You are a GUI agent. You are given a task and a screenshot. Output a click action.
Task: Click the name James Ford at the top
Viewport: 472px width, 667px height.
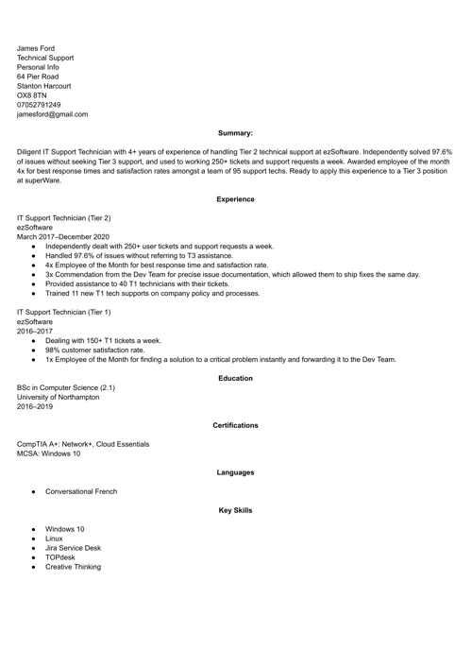coord(36,48)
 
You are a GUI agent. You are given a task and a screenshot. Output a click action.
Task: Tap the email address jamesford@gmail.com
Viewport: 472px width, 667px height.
coord(52,114)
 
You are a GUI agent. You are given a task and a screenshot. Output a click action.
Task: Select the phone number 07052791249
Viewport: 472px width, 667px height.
coord(39,104)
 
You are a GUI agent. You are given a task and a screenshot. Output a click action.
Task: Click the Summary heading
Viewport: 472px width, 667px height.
coord(235,133)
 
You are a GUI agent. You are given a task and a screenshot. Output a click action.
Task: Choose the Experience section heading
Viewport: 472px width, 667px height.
coord(235,199)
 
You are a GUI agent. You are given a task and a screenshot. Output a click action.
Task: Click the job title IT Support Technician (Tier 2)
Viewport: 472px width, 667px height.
coord(63,217)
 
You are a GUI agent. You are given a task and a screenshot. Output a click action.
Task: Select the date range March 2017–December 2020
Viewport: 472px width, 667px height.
coord(63,236)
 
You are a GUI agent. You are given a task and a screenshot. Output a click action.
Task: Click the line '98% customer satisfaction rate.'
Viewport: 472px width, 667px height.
coord(95,350)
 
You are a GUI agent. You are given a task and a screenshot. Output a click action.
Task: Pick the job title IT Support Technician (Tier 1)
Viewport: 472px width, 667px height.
coord(63,312)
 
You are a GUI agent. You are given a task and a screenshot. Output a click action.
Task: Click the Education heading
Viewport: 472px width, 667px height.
coord(235,378)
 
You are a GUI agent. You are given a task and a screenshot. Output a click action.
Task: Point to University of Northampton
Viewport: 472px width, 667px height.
coord(58,398)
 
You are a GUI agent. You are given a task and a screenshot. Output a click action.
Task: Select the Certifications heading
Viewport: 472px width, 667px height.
coord(235,425)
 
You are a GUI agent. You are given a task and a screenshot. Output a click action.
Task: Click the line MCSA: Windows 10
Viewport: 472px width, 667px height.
coord(49,453)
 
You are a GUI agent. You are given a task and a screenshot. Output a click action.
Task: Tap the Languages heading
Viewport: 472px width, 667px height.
coord(235,472)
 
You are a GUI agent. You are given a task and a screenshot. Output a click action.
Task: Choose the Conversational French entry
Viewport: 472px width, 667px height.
coord(81,491)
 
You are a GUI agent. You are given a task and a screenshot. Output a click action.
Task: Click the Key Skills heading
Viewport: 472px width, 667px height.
coord(235,510)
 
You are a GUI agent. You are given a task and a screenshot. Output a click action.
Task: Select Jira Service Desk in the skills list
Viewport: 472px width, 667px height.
coord(73,548)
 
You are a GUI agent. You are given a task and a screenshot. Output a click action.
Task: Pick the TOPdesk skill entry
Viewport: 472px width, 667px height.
coord(59,557)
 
